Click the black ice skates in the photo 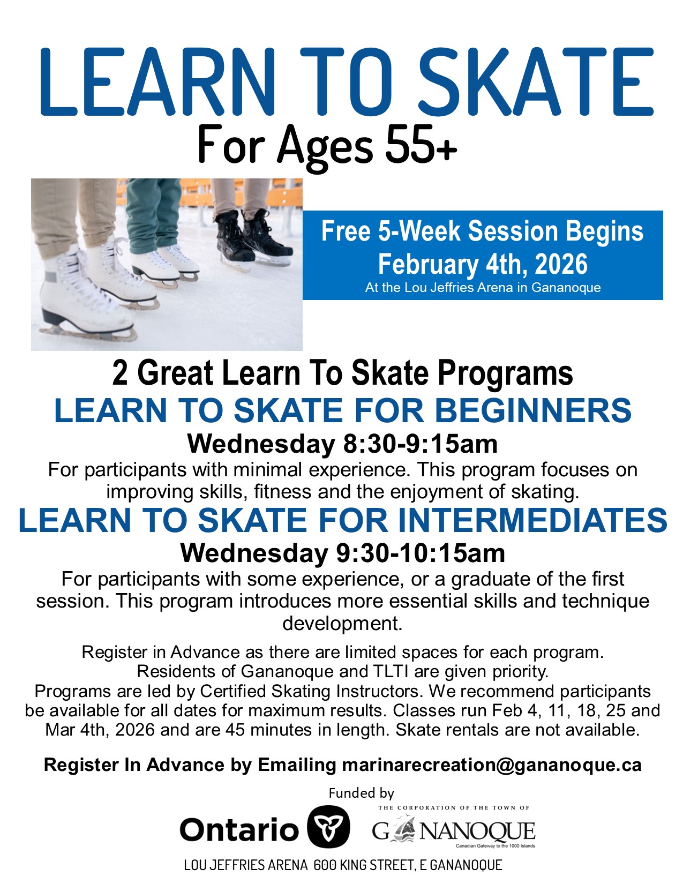[252, 238]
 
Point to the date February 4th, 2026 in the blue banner [483, 264]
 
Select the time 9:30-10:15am [420, 553]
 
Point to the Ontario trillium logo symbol [328, 827]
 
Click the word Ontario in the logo [238, 829]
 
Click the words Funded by [361, 793]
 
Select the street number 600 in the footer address [325, 865]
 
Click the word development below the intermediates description [342, 623]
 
